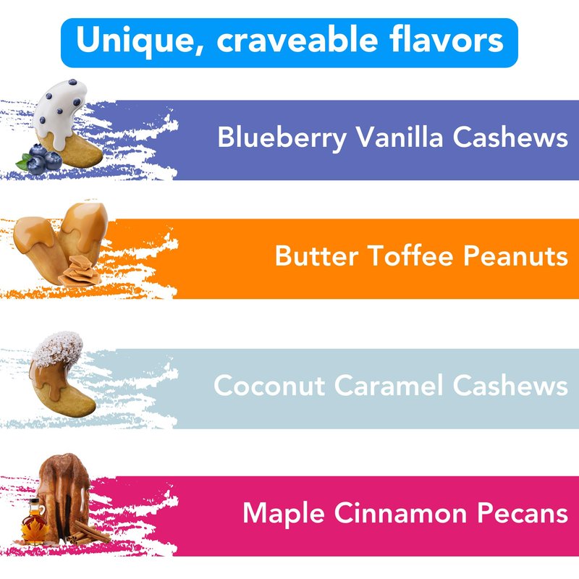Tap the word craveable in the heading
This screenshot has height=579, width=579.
[x=297, y=39]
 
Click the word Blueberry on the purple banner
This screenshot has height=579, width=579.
[x=282, y=138]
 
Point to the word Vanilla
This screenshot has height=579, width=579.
[x=400, y=137]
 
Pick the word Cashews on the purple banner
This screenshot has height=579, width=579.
[x=510, y=137]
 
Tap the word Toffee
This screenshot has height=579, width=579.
[x=410, y=255]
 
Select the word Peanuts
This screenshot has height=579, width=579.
[x=515, y=255]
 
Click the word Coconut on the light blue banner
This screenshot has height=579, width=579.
[x=269, y=385]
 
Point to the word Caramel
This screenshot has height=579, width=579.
[x=389, y=385]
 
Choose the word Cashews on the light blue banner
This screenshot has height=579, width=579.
[x=510, y=385]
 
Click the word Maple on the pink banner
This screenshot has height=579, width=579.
[x=284, y=514]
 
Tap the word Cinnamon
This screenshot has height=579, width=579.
[x=401, y=512]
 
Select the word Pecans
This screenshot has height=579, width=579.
[x=523, y=512]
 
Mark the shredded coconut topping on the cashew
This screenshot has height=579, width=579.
[x=58, y=347]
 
